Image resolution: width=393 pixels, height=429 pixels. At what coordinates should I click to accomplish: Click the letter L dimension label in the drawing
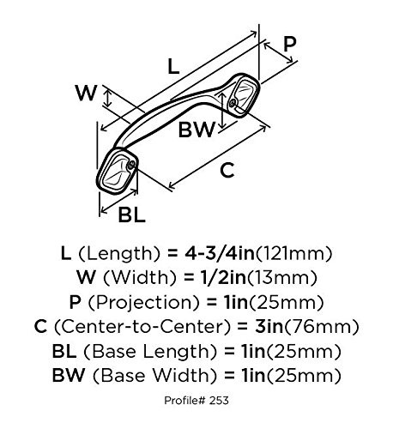pyautogui.click(x=173, y=67)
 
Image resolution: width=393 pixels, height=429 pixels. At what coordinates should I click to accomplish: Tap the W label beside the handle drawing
pyautogui.click(x=87, y=93)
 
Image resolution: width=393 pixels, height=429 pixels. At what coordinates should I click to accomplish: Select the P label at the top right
pyautogui.click(x=289, y=45)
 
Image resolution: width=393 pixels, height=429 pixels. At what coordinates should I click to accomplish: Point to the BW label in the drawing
pyautogui.click(x=196, y=130)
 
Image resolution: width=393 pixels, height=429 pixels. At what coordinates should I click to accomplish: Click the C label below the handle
pyautogui.click(x=227, y=170)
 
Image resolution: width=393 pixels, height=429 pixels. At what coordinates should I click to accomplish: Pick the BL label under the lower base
pyautogui.click(x=132, y=214)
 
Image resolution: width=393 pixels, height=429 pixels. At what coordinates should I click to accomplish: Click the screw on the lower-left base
pyautogui.click(x=131, y=164)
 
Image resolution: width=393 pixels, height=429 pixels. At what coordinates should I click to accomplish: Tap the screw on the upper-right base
pyautogui.click(x=233, y=103)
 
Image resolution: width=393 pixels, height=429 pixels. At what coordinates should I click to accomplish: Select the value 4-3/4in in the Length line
pyautogui.click(x=220, y=253)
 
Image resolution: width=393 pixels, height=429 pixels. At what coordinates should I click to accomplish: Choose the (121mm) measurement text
pyautogui.click(x=293, y=254)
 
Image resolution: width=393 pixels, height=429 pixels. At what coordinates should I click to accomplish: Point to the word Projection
pyautogui.click(x=143, y=303)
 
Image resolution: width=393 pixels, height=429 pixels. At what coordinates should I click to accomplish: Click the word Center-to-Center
pyautogui.click(x=142, y=327)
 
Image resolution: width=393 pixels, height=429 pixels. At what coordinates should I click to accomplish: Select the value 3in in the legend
pyautogui.click(x=269, y=327)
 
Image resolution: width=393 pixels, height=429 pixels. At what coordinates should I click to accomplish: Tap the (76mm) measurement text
pyautogui.click(x=321, y=327)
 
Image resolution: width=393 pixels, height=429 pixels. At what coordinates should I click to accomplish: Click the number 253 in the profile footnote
pyautogui.click(x=219, y=401)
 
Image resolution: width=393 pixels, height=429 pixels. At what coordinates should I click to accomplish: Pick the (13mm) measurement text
pyautogui.click(x=282, y=278)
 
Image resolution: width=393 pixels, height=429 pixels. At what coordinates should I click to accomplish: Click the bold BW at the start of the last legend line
pyautogui.click(x=69, y=375)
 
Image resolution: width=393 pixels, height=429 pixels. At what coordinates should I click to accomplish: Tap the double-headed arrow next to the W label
pyautogui.click(x=107, y=98)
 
